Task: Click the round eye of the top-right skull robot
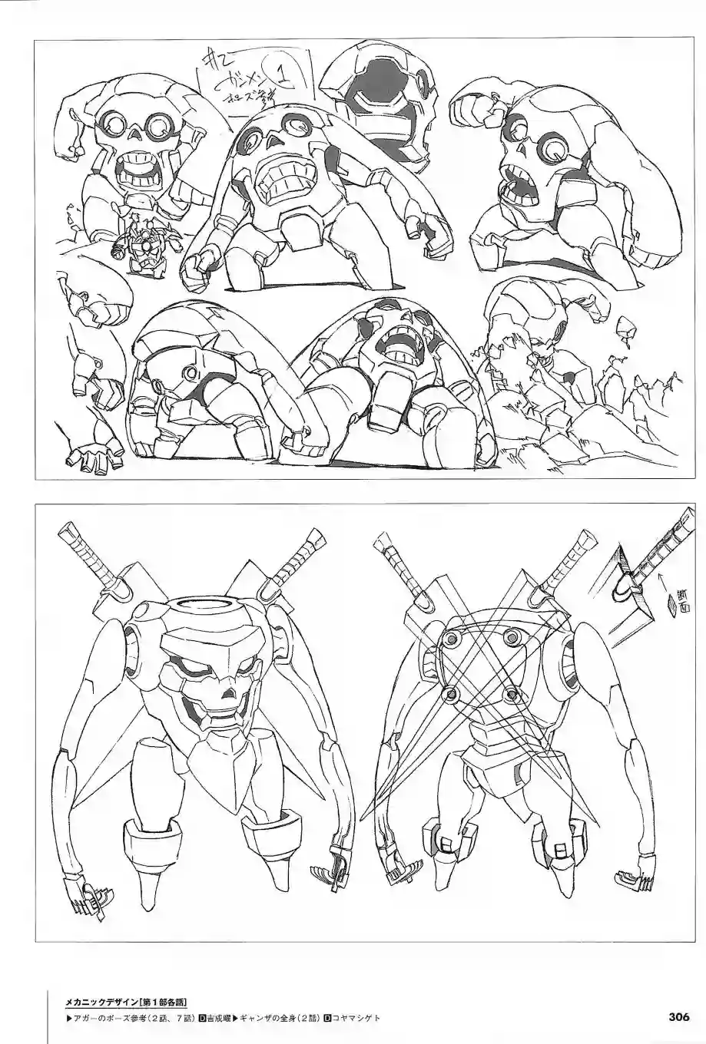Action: coord(552,150)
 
